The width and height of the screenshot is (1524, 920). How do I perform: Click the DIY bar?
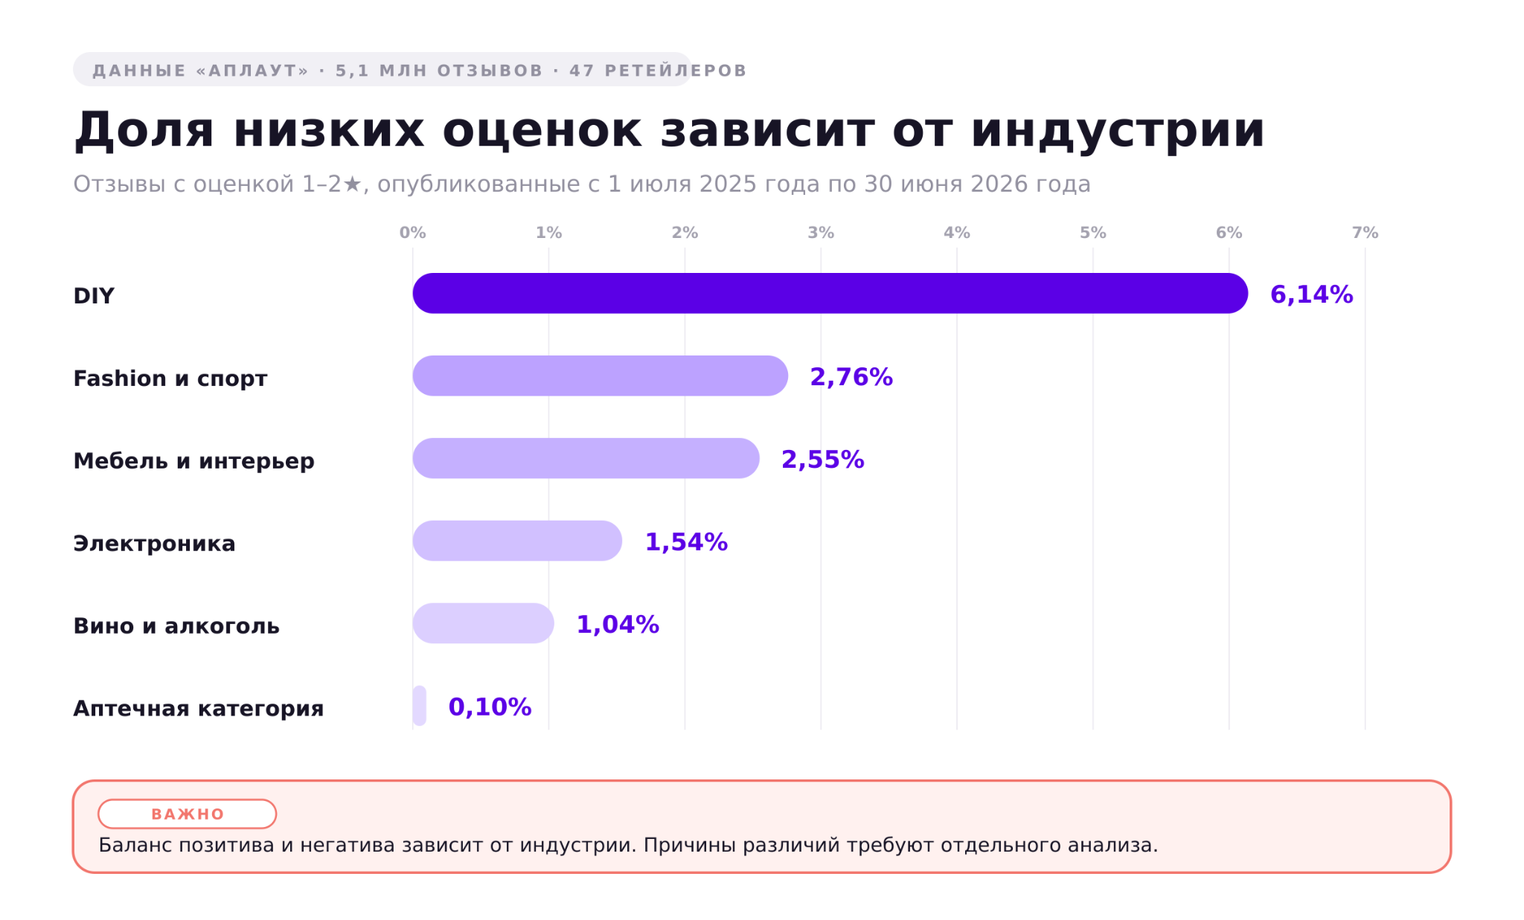click(x=830, y=293)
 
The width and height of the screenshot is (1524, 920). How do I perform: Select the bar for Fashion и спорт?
click(x=601, y=376)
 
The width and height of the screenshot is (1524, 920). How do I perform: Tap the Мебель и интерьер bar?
click(x=586, y=458)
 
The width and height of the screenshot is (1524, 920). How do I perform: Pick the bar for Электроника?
click(x=517, y=541)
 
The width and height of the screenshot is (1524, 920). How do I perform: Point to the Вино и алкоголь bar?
click(x=484, y=623)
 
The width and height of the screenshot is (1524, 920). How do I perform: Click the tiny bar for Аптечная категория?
click(x=420, y=706)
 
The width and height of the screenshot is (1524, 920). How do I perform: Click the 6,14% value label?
click(x=1311, y=295)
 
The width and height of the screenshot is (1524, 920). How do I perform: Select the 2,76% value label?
click(x=851, y=377)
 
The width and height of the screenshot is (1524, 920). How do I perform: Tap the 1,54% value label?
click(x=686, y=542)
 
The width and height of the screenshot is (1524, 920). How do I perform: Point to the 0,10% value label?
click(x=490, y=707)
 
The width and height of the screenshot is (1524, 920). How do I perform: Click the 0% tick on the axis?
click(x=413, y=233)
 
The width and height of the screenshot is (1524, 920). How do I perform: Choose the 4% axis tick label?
click(x=957, y=233)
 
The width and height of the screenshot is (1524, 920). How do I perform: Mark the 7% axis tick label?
click(x=1365, y=233)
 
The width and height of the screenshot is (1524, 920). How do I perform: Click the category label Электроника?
click(x=154, y=544)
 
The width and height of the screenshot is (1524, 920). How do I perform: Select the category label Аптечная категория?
click(x=198, y=709)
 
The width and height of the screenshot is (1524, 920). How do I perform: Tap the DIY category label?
click(x=94, y=296)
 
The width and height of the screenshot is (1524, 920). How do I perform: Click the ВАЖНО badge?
click(x=188, y=814)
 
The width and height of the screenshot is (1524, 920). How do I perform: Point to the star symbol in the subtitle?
click(x=352, y=184)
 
